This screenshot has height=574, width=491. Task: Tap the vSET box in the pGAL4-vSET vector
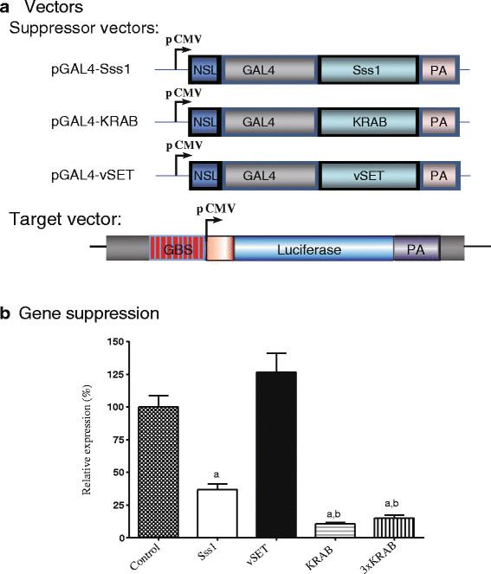pyautogui.click(x=370, y=172)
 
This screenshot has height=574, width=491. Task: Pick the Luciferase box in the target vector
pyautogui.click(x=309, y=250)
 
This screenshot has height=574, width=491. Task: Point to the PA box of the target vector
pyautogui.click(x=416, y=250)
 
